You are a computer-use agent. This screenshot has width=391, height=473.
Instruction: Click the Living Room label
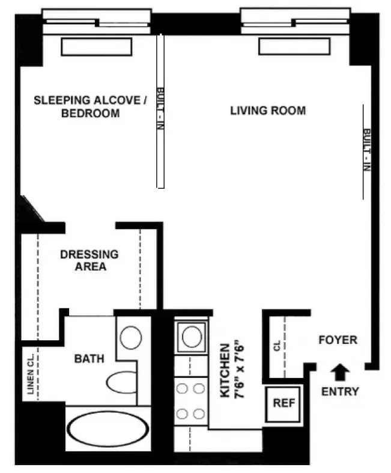pyautogui.click(x=268, y=111)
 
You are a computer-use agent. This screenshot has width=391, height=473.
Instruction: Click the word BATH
pyautogui.click(x=89, y=359)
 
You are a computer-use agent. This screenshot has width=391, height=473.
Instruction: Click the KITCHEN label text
pyautogui.click(x=225, y=371)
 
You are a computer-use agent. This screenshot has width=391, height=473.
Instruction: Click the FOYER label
pyautogui.click(x=338, y=340)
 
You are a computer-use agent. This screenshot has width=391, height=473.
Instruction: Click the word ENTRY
pyautogui.click(x=340, y=392)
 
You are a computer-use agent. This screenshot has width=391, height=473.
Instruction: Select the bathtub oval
pyautogui.click(x=107, y=430)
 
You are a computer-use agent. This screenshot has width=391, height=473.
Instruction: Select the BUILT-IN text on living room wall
pyautogui.click(x=366, y=150)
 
